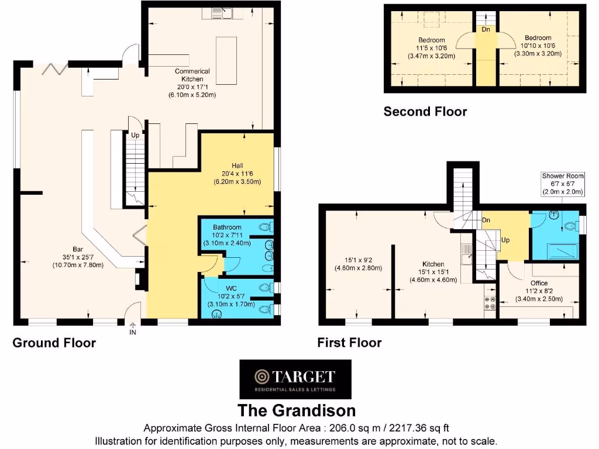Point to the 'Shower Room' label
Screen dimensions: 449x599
click(562, 175)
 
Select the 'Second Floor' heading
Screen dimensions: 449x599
click(425, 111)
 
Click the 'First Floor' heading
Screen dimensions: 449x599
click(349, 343)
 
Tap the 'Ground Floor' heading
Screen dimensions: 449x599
click(54, 343)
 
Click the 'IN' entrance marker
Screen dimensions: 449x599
click(132, 332)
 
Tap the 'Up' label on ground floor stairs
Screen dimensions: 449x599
click(135, 135)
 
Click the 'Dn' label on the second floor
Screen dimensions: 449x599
click(485, 29)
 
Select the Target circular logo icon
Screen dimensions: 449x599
click(260, 376)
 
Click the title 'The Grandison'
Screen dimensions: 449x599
click(296, 410)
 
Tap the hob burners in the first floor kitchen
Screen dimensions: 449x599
click(490, 302)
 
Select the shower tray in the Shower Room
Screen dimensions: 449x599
click(562, 251)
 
